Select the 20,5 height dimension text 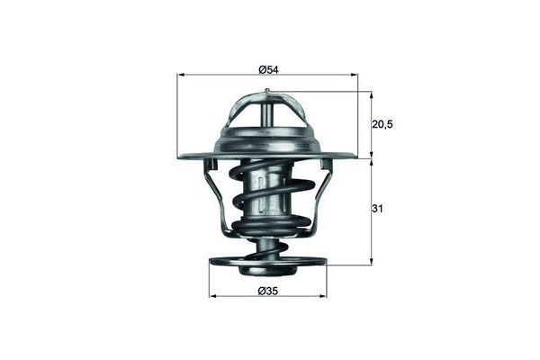click(x=383, y=124)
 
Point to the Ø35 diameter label click(x=267, y=290)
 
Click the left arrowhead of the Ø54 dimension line click(x=181, y=77)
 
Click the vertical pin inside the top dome click(x=267, y=112)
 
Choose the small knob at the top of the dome click(x=267, y=91)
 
